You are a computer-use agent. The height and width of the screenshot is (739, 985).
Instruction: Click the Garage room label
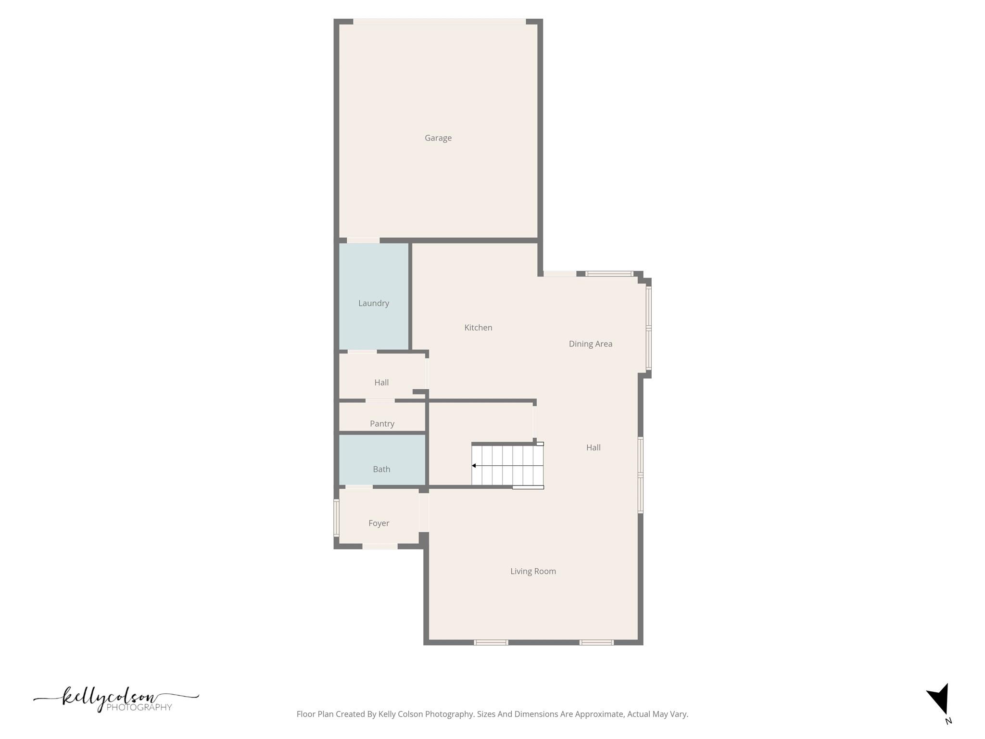[x=438, y=138]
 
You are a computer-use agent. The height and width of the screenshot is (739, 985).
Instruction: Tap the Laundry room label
[x=374, y=303]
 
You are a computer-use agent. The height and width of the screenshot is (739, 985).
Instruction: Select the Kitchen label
[x=478, y=328]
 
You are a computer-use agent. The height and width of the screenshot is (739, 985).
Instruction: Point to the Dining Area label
[x=590, y=344]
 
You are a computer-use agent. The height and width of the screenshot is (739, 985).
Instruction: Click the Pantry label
[x=382, y=423]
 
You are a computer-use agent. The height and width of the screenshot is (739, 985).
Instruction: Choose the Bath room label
[x=381, y=469]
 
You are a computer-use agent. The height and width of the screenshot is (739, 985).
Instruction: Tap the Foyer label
[x=379, y=523]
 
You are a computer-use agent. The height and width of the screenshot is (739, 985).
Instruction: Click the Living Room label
[x=533, y=571]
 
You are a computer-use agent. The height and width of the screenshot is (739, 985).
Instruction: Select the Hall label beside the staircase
[x=593, y=447]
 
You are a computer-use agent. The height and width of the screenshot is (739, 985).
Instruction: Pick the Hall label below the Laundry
[x=381, y=382]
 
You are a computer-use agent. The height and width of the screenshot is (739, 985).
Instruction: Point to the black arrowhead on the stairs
[x=474, y=466]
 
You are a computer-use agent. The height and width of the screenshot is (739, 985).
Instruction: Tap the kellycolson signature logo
[x=111, y=697]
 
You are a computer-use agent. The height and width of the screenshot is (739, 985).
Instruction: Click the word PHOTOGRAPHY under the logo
[x=139, y=707]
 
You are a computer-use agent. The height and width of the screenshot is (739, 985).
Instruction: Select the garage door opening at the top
[x=439, y=22]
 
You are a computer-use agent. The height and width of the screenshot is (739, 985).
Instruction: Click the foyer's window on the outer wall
[x=336, y=518]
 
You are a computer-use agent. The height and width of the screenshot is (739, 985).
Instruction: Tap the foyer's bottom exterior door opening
[x=380, y=546]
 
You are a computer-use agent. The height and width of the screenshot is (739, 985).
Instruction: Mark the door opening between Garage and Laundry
[x=363, y=240]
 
